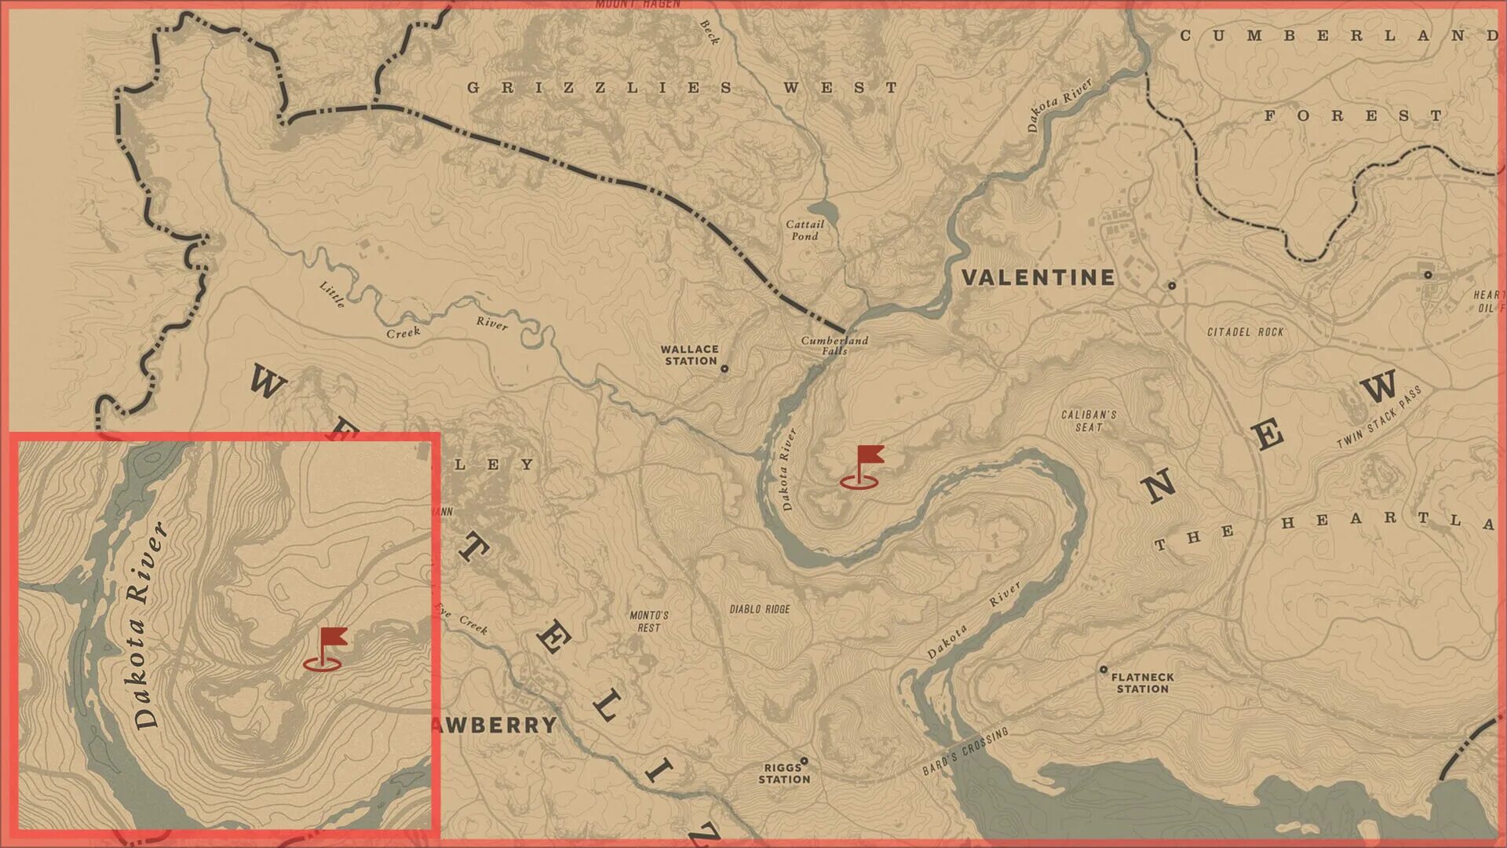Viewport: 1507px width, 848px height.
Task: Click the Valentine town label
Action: coord(1038,277)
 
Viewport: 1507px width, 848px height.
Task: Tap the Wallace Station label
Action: coord(689,355)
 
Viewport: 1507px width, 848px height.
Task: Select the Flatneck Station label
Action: coord(1143,682)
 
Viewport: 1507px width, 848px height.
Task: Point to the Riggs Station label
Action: coord(783,773)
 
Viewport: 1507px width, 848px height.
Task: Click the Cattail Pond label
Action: coord(805,230)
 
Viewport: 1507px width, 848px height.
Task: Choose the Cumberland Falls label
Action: coord(834,345)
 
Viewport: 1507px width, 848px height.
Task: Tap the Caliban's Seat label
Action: coord(1089,421)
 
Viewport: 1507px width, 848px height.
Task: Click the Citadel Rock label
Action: coord(1245,332)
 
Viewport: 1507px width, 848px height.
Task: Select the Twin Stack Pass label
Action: coord(1379,417)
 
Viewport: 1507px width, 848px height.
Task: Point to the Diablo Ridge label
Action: coord(760,609)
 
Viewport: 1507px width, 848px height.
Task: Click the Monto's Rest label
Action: coord(649,621)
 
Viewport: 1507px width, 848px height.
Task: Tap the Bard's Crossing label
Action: coord(965,751)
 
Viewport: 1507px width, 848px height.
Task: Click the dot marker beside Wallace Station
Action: coord(724,368)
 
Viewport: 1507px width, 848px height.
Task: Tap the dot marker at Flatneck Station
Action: coord(1104,670)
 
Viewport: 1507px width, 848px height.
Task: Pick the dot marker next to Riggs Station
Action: coord(804,761)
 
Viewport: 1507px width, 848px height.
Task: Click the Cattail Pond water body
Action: coord(823,210)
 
